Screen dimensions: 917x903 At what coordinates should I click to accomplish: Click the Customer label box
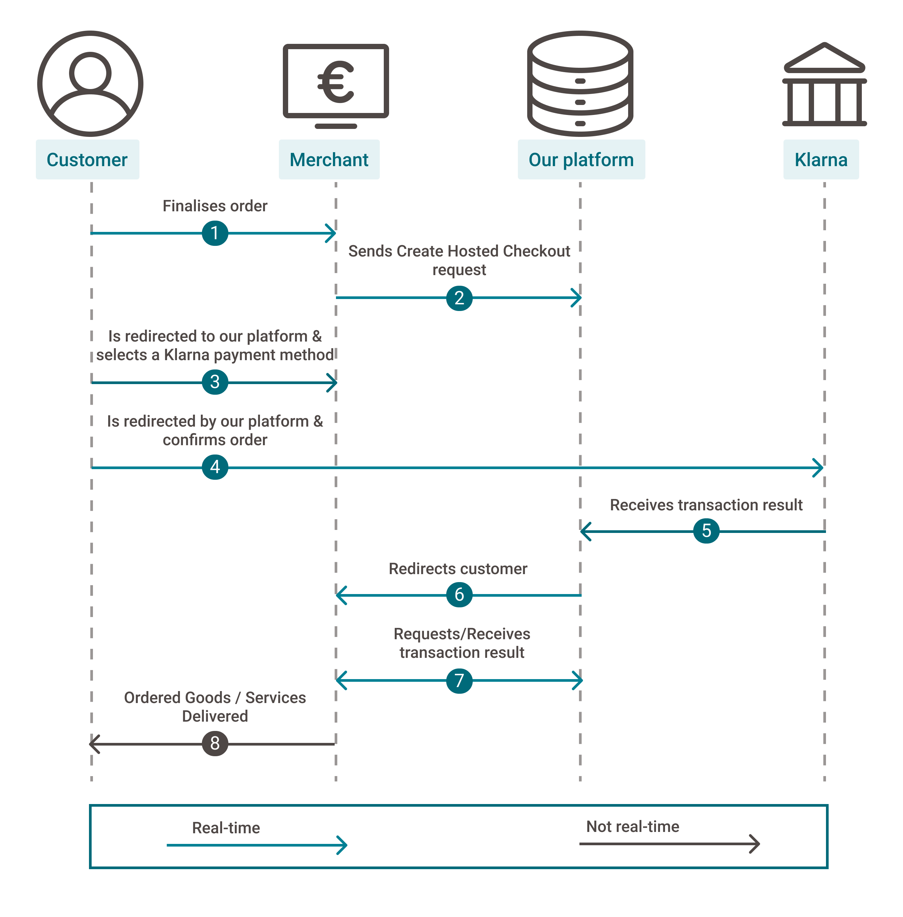coord(87,160)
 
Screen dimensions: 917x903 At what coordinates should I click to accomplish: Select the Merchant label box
coord(329,160)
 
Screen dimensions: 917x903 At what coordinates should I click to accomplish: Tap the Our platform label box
coord(581,160)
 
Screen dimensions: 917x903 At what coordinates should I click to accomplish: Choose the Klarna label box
coord(821,160)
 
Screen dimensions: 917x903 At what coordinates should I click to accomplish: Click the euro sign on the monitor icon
coord(336,83)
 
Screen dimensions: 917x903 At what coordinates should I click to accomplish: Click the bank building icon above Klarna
coord(824,85)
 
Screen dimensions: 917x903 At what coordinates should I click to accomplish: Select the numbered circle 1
coord(215,233)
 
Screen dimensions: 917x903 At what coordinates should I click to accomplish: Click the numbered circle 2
coord(459,298)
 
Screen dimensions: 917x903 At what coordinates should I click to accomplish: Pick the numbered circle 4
coord(215,467)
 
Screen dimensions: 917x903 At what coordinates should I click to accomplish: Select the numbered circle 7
coord(459,681)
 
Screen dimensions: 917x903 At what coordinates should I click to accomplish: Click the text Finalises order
coord(215,206)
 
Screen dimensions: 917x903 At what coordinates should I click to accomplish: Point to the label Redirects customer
coord(458,568)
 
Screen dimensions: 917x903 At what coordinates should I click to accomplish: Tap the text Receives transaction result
coord(706,505)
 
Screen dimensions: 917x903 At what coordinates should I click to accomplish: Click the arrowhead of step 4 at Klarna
coord(819,467)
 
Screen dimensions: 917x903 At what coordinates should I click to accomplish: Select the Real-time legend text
coord(226,828)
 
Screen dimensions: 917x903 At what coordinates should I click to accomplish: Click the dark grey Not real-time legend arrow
coord(669,844)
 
